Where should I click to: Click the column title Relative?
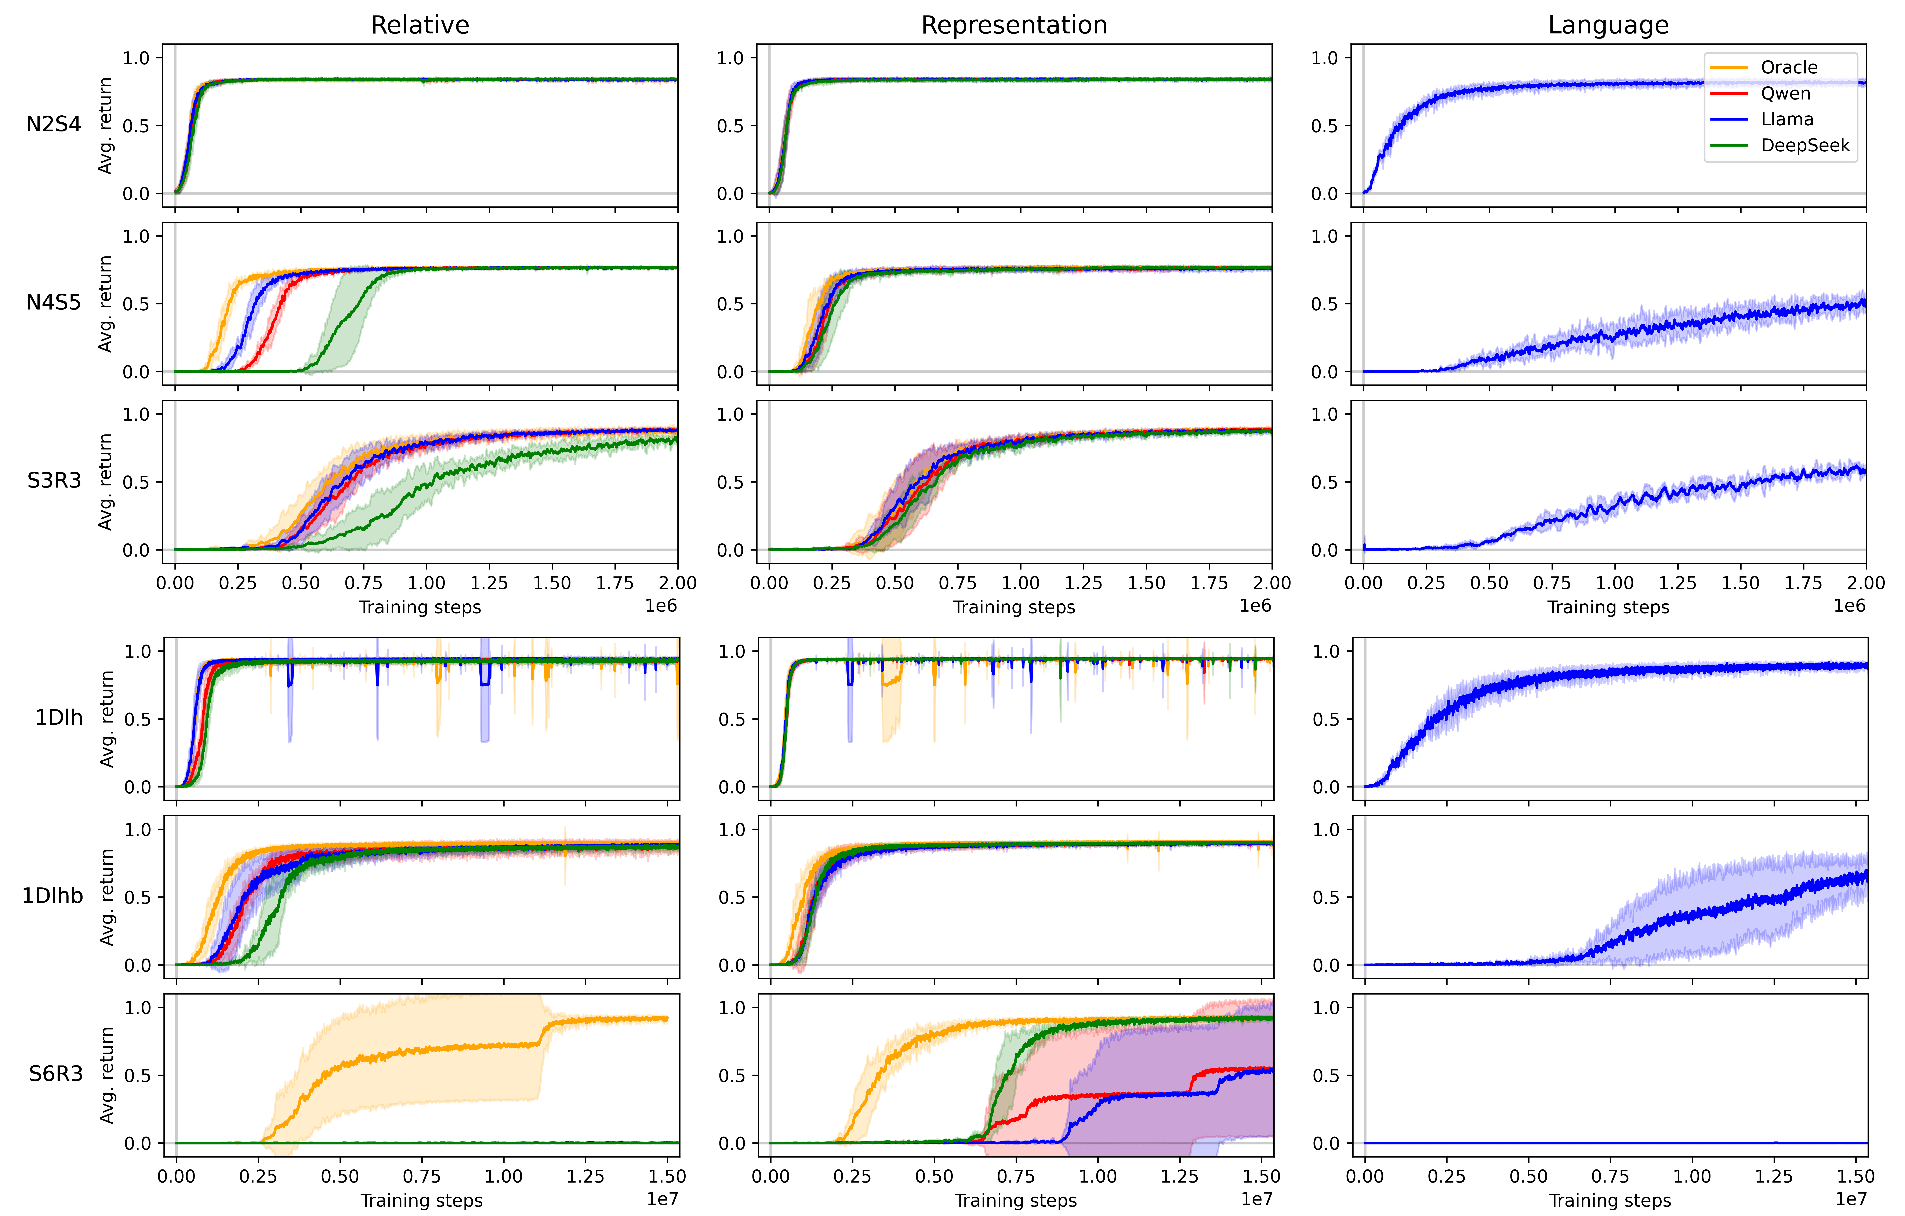point(420,25)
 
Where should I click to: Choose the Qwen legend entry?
point(1785,93)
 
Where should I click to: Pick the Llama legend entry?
point(1786,119)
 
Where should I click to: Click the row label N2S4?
point(54,124)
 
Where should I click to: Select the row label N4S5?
point(54,302)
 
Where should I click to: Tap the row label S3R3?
point(54,480)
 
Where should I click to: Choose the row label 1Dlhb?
point(52,895)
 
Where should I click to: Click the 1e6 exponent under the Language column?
point(1849,606)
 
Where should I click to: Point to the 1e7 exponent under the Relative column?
point(662,1199)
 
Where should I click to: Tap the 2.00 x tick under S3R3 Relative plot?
point(677,583)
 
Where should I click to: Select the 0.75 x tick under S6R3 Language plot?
point(1610,1176)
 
